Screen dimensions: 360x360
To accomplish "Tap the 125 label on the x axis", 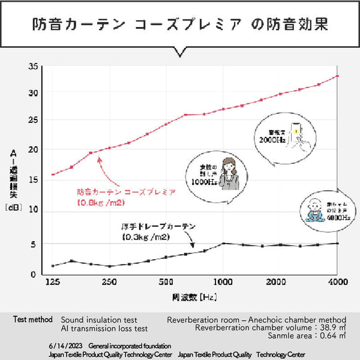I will click(53, 281).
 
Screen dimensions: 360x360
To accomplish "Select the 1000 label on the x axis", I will click(223, 281).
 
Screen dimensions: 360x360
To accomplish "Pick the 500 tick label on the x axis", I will click(166, 281).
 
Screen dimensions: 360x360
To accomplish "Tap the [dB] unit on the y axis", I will click(13, 207).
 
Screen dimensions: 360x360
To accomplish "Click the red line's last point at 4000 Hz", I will click(338, 76).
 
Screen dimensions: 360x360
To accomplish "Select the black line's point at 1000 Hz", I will click(223, 244).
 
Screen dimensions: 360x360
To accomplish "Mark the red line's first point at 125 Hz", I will click(53, 175).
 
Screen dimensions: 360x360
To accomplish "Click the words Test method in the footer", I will click(34, 320).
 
